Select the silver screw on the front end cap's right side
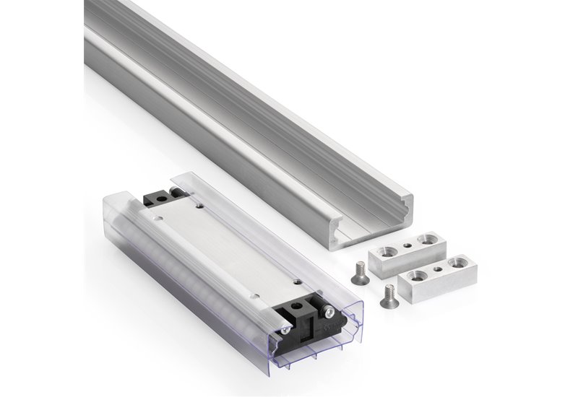[x=330, y=313]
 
